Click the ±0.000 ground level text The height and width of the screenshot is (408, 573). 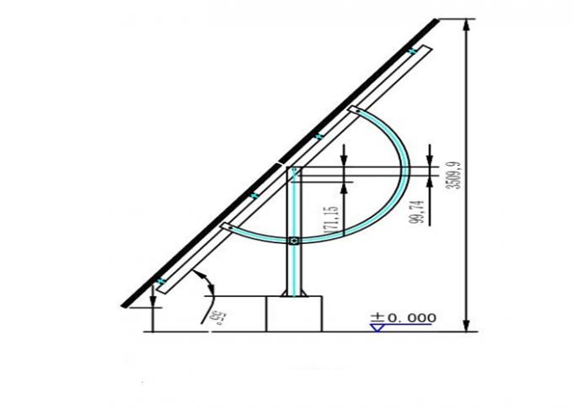pos(404,317)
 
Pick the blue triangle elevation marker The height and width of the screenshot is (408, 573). pos(378,327)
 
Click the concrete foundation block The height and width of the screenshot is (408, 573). pos(294,314)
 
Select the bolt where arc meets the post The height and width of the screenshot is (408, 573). pos(293,241)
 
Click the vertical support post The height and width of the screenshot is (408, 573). pos(294,210)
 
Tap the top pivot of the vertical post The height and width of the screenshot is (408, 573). pos(294,171)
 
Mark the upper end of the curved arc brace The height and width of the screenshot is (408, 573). pos(354,109)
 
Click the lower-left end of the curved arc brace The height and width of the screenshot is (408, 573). pos(227,225)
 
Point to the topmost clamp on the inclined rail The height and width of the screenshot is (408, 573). pos(412,52)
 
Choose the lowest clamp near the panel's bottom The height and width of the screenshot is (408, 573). pos(160,279)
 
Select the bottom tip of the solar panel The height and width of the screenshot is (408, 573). pos(124,305)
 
